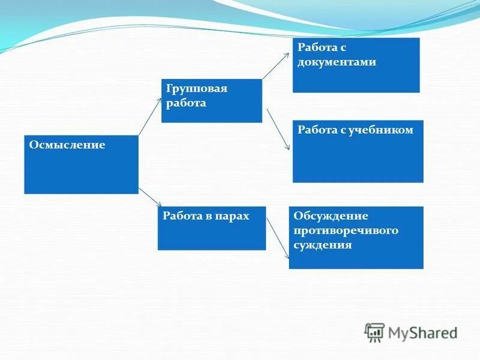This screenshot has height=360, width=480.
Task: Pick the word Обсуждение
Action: coord(331,216)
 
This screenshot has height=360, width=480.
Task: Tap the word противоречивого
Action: coord(346,230)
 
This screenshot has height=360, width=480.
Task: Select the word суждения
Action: coord(322,245)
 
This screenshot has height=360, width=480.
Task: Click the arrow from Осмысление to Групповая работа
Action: coord(150,116)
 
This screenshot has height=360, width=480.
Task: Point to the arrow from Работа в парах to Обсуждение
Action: coord(277,237)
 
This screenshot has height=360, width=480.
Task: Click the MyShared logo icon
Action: coord(374,332)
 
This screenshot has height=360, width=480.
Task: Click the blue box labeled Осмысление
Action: coord(81,171)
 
